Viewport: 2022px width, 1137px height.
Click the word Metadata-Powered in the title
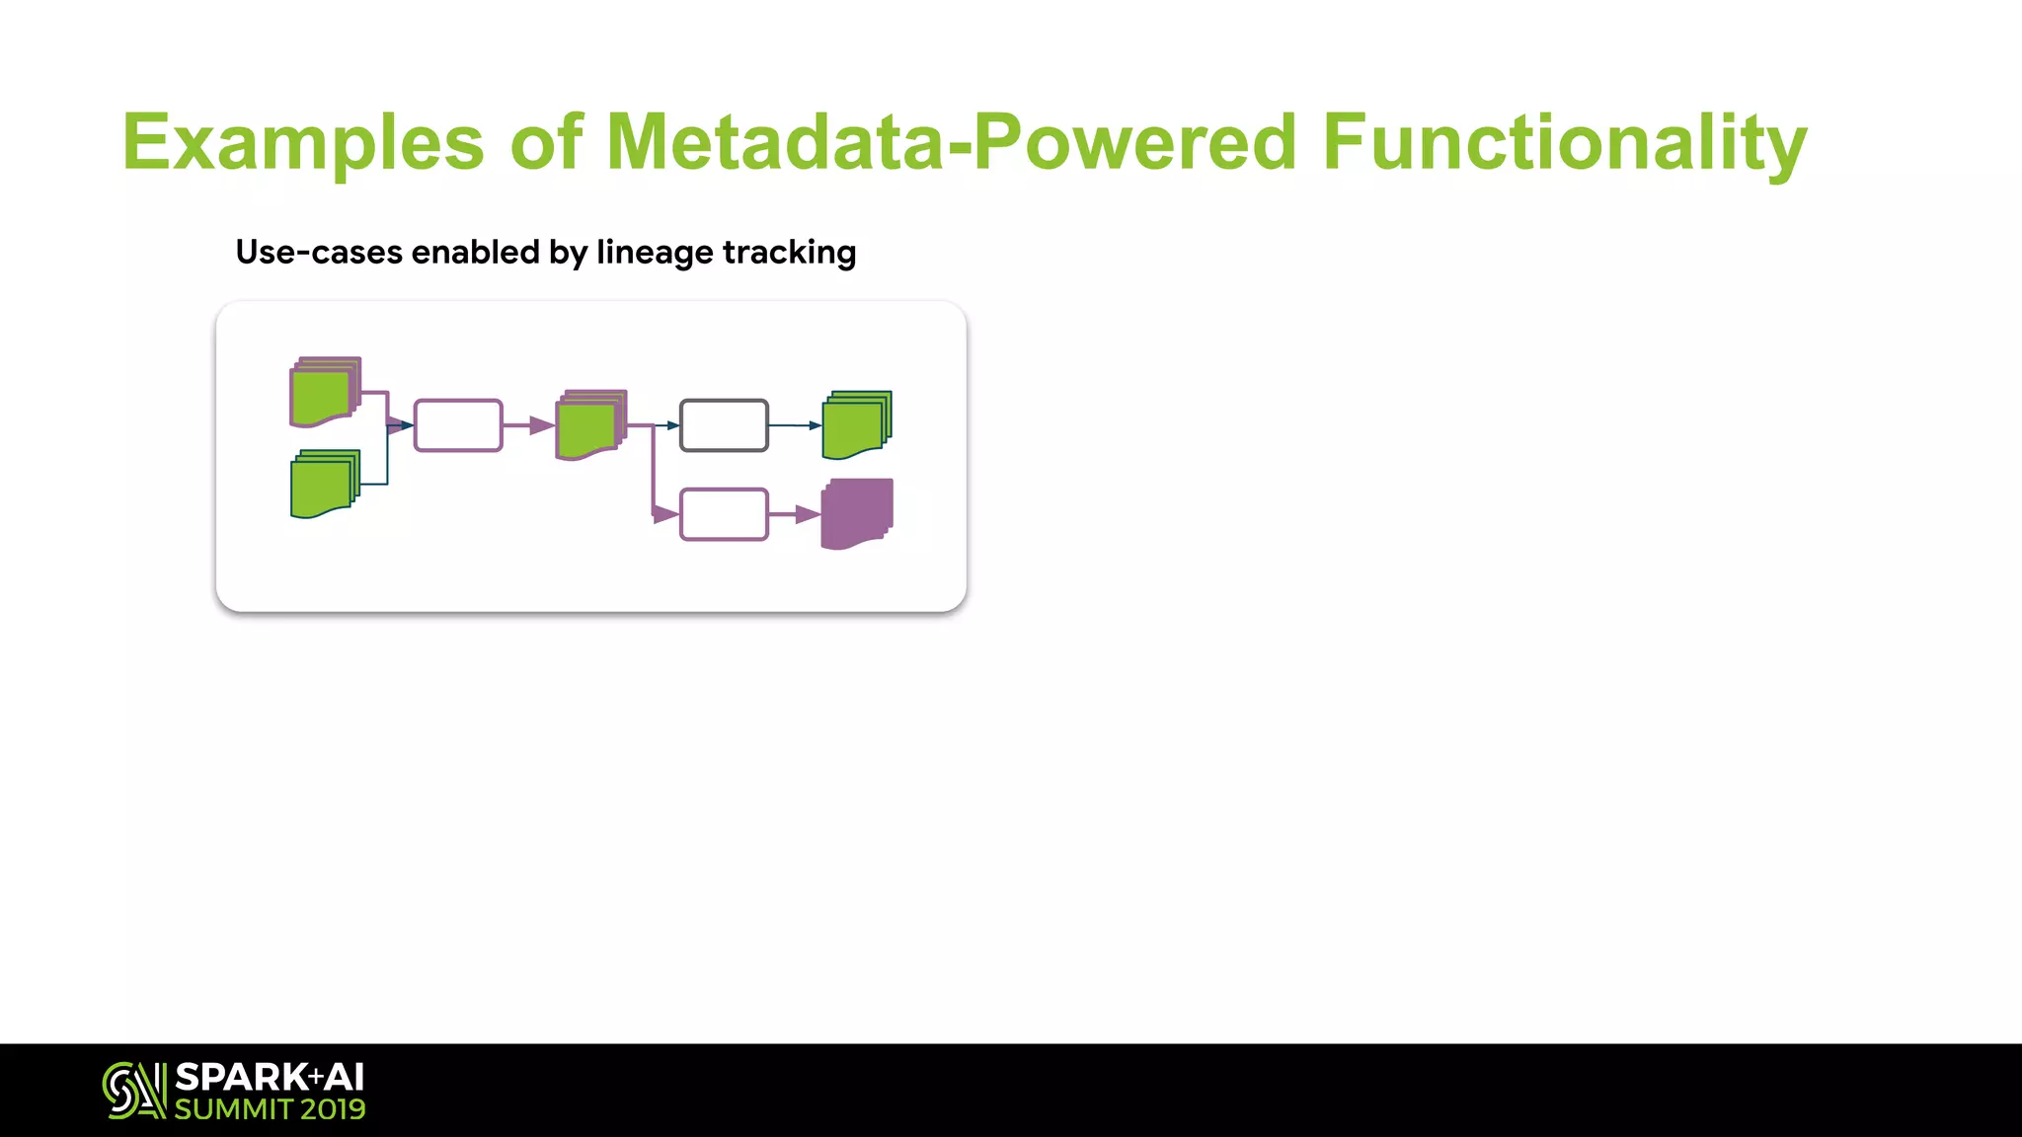point(950,142)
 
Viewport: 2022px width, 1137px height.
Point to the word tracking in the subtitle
point(789,253)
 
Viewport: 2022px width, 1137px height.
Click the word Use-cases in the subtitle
point(319,253)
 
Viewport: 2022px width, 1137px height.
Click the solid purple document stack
point(857,513)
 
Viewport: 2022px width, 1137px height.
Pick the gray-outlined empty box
point(724,425)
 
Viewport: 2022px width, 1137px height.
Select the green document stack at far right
point(857,424)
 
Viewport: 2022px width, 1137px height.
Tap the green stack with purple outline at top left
point(325,392)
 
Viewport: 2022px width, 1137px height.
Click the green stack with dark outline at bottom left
point(325,484)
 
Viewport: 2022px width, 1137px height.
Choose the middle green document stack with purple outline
point(590,424)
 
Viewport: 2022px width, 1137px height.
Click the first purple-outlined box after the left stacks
point(458,425)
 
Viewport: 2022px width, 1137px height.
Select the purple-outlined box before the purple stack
point(724,514)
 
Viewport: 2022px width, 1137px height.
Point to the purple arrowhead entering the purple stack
point(808,514)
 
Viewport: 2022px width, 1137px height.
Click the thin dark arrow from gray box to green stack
point(795,425)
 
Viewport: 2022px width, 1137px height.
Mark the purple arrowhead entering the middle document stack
point(541,425)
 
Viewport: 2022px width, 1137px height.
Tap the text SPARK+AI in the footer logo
point(270,1077)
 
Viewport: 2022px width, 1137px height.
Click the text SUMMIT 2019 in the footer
point(270,1109)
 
